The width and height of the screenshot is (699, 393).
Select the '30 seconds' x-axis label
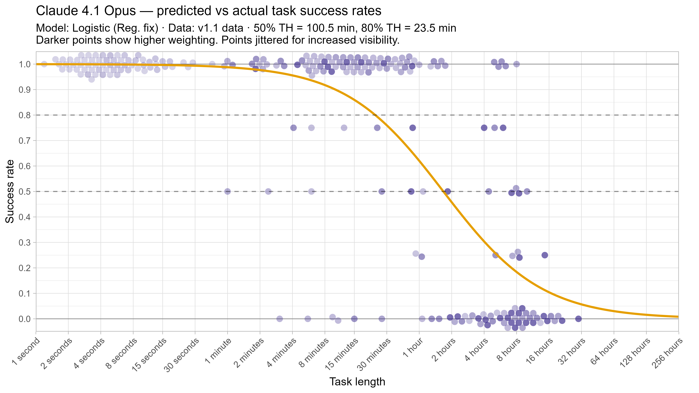pos(181,355)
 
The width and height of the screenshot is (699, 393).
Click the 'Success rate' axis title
pos(10,191)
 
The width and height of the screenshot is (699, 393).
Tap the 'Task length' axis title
pos(357,382)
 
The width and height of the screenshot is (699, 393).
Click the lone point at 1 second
pos(44,64)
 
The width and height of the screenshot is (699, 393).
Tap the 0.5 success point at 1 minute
pos(227,191)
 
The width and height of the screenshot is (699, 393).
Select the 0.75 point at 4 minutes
pos(293,128)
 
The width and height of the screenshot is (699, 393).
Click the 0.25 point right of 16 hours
pos(545,255)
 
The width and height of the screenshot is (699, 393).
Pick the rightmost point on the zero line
pos(578,319)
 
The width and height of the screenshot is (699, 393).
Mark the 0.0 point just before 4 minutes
pos(279,319)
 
